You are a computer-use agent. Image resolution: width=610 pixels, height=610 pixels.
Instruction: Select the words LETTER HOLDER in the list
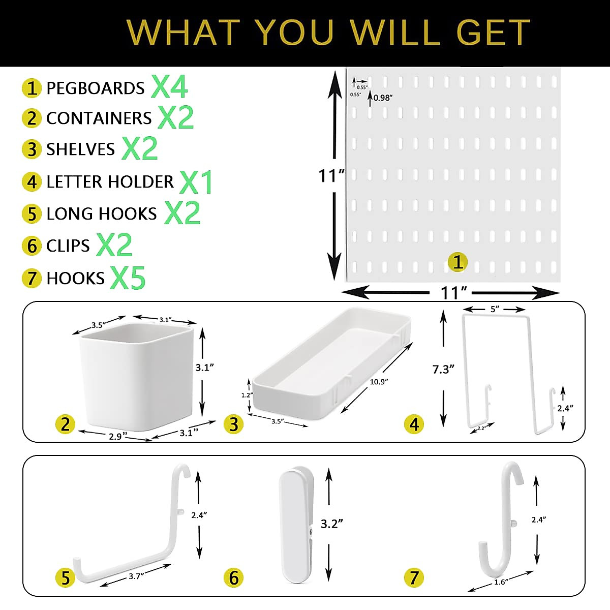[x=110, y=181]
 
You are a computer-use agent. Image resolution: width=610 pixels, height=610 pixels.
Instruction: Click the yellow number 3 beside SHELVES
[x=32, y=149]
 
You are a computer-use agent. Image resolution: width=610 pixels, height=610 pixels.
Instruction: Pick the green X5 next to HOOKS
[x=128, y=278]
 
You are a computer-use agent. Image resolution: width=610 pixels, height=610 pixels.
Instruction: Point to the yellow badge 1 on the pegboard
[x=457, y=262]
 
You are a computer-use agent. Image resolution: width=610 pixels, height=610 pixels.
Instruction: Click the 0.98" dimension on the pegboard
[x=383, y=98]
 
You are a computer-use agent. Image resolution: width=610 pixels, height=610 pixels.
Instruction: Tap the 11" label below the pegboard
[x=453, y=293]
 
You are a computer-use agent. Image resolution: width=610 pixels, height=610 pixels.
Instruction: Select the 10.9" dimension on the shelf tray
[x=378, y=381]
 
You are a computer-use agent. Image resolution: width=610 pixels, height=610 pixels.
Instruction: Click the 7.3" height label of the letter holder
[x=443, y=369]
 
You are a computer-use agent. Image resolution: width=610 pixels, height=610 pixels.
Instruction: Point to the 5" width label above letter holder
[x=494, y=309]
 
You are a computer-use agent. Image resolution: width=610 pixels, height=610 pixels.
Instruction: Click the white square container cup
[x=136, y=376]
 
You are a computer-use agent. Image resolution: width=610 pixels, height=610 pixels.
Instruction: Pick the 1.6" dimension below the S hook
[x=500, y=583]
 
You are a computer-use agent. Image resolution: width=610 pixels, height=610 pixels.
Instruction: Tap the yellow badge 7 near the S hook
[x=414, y=577]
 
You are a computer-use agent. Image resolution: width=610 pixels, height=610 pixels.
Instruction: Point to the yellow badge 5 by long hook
[x=66, y=577]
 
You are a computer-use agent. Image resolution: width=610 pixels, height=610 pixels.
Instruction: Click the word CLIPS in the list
[x=68, y=246]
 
